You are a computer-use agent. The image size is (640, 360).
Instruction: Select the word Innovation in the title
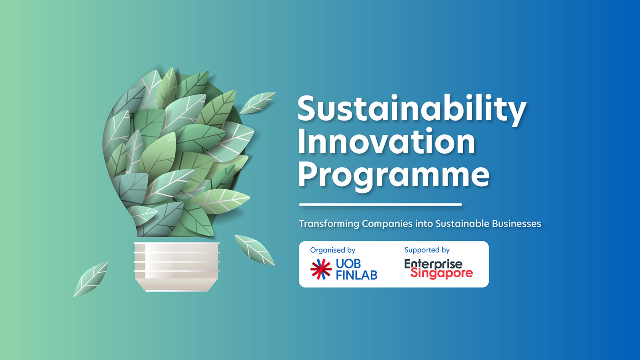386,142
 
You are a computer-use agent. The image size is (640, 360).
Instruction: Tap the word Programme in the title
394,175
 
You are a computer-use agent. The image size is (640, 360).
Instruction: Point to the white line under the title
380,204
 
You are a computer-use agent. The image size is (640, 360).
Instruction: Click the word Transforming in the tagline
329,224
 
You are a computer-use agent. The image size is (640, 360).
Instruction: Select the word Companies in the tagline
387,224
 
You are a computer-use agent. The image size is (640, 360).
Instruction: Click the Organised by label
332,250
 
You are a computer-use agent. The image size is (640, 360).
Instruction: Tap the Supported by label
427,250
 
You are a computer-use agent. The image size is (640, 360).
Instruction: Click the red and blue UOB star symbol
321,269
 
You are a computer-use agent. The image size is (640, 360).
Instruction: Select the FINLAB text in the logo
356,275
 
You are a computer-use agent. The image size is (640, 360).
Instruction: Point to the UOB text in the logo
348,264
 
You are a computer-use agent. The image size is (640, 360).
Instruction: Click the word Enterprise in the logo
433,264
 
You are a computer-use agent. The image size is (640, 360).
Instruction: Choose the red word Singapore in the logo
442,273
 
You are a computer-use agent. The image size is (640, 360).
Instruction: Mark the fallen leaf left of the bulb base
91,279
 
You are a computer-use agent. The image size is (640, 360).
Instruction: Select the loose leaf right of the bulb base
254,250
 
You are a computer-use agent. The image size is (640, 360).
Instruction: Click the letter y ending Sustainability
517,112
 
